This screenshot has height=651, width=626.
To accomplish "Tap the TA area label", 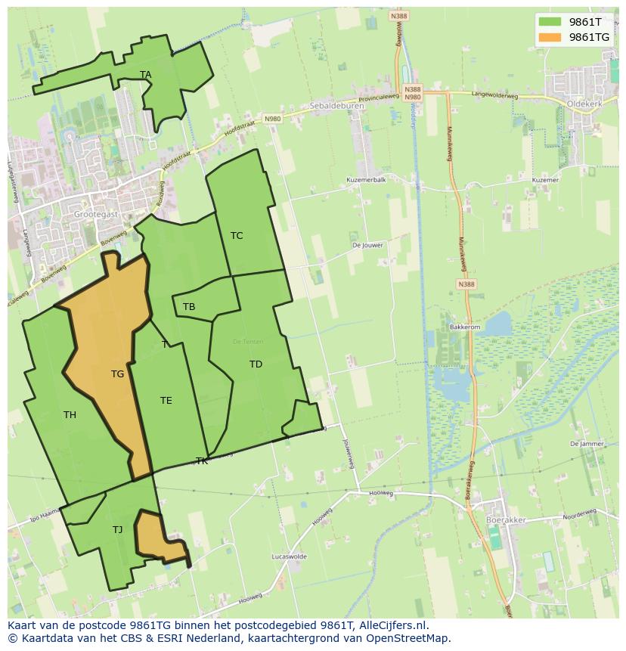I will (x=146, y=74).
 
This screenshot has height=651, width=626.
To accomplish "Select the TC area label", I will (x=237, y=236).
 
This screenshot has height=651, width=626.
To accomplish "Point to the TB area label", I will (x=189, y=307).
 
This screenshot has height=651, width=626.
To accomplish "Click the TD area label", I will (x=256, y=364).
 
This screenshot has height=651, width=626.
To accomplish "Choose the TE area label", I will (x=166, y=401).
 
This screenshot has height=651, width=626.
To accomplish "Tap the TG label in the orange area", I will (x=117, y=374).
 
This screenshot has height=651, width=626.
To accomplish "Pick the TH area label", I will (x=70, y=415).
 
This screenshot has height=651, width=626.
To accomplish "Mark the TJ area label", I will (x=117, y=530).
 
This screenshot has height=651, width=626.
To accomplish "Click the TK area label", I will (x=202, y=461).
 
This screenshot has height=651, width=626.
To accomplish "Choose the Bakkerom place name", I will (x=465, y=327).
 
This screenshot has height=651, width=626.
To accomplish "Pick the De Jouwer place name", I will (x=367, y=245).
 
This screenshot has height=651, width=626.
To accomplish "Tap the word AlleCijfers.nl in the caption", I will (x=392, y=625).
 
